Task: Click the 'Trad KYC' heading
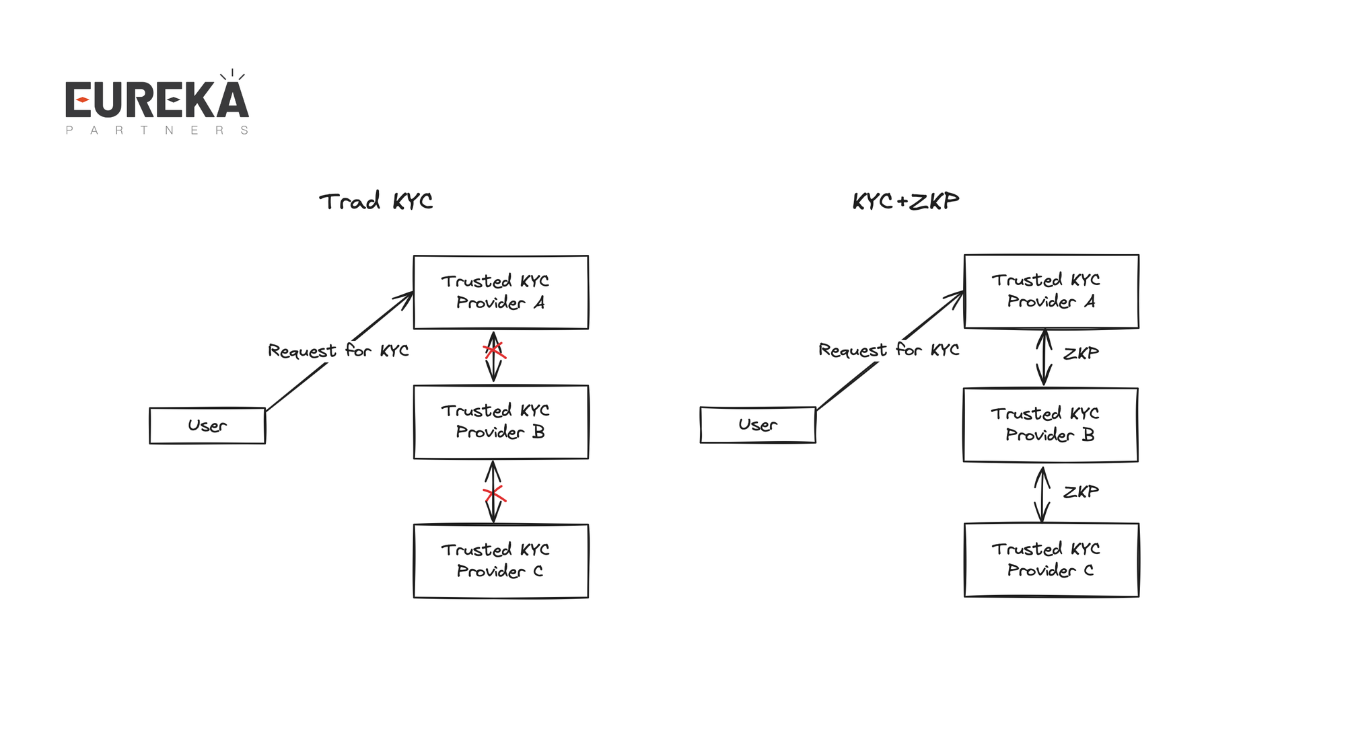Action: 376,201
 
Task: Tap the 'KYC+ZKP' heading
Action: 905,201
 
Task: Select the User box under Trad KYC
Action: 207,426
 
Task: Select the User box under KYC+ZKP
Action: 758,425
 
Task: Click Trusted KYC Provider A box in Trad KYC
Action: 501,292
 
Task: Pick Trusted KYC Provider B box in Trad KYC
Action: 501,422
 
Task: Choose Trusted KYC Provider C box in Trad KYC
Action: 501,561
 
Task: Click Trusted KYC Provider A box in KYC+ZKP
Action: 1051,291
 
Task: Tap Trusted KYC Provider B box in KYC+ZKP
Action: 1051,424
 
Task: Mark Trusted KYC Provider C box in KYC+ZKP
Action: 1051,559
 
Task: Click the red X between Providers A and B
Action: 494,350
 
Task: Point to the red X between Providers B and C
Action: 494,495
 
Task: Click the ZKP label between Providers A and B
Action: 1081,354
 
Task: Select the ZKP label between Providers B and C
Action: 1081,492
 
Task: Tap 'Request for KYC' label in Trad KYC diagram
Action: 338,351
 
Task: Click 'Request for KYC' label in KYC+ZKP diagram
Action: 888,350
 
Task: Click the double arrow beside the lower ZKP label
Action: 1042,494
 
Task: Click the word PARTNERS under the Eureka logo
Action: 157,130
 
